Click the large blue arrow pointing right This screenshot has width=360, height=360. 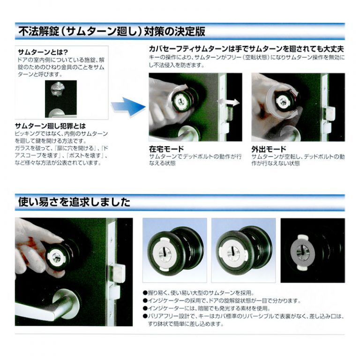(x=128, y=107)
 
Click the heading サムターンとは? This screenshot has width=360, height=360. (x=43, y=52)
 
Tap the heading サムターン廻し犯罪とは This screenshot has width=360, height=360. (x=50, y=126)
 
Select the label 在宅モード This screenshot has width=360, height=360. (x=166, y=149)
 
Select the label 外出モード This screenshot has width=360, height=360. (x=269, y=149)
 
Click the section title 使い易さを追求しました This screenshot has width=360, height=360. (x=74, y=202)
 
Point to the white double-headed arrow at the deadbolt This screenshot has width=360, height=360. (x=228, y=102)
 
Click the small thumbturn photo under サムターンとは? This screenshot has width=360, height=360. (x=61, y=99)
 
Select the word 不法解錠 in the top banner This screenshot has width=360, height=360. (x=38, y=31)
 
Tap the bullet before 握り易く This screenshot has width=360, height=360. (x=145, y=292)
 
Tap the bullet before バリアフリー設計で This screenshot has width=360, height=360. (x=145, y=316)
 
